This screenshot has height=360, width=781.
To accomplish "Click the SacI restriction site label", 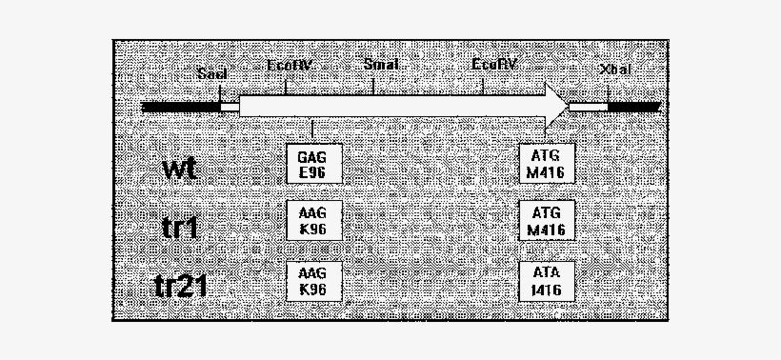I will click(211, 73).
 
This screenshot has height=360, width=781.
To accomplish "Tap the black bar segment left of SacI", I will click(180, 107).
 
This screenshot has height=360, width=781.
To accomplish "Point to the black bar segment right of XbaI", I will click(633, 107).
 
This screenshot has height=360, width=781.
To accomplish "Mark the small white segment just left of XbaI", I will click(588, 107).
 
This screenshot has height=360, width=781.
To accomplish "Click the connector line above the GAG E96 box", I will click(312, 130).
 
